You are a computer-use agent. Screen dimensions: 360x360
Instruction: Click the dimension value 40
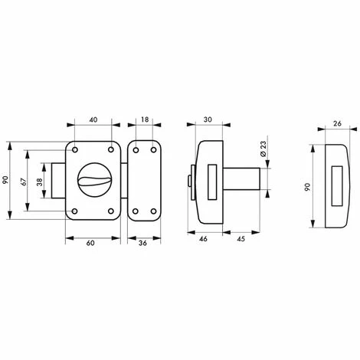tap(94, 119)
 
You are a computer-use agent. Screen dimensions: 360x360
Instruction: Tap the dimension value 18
tap(145, 119)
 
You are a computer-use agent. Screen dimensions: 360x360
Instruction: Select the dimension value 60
tap(90, 243)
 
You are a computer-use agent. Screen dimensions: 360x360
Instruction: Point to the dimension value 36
tap(143, 243)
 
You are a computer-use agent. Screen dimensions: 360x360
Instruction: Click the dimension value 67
tap(24, 182)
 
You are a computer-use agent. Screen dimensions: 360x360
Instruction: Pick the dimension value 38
tap(40, 182)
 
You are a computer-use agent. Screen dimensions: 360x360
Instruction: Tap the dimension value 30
tap(208, 119)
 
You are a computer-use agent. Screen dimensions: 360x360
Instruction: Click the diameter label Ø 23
tap(263, 149)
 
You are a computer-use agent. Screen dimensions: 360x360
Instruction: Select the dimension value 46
tap(204, 239)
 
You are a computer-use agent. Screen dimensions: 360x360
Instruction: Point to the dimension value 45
tap(241, 239)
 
